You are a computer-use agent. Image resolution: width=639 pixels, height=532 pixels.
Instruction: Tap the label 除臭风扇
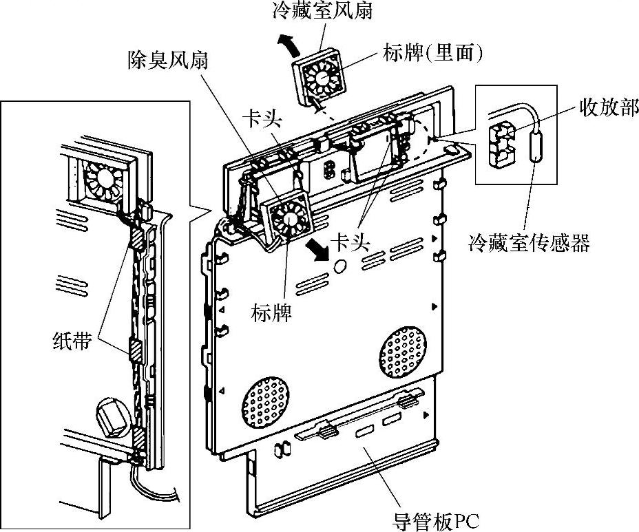coord(168,59)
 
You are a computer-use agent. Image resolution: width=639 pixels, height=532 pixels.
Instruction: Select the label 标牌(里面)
coord(432,54)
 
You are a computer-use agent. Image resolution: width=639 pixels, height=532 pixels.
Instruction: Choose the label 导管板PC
coord(435,520)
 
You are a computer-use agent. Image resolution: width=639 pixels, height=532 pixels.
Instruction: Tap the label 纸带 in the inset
coord(72,341)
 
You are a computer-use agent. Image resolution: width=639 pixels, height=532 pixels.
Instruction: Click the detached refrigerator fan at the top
coord(320,77)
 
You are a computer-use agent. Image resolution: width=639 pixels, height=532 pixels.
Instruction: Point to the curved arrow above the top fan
coord(289,44)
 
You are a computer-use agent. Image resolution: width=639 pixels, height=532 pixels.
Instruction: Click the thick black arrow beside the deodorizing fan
coord(318,249)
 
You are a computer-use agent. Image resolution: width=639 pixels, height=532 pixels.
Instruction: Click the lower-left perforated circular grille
coord(266,402)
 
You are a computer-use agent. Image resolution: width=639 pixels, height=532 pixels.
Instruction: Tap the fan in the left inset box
coord(105,180)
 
